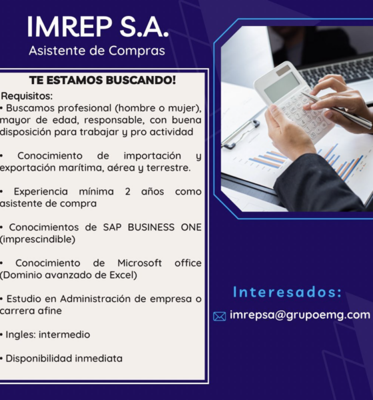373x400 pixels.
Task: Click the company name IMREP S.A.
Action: point(98,27)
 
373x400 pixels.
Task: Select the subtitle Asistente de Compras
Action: point(97,51)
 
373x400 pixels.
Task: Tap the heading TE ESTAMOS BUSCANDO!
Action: point(103,80)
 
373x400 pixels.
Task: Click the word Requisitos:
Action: point(27,96)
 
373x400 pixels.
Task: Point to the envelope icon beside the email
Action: point(220,316)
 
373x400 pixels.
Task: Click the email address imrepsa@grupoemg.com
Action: point(300,315)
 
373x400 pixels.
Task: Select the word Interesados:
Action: point(287,292)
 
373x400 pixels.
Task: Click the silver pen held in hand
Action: point(336,110)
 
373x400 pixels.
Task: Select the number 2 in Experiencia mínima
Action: point(127,191)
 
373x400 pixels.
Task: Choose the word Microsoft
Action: point(139,263)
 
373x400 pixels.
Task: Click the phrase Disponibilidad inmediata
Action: point(64,359)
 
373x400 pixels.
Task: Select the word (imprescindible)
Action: point(37,239)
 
